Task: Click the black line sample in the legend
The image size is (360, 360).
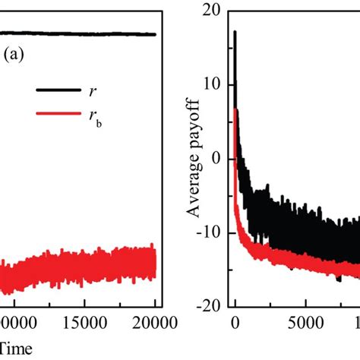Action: pyautogui.click(x=55, y=90)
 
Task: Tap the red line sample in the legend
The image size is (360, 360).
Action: pyautogui.click(x=55, y=115)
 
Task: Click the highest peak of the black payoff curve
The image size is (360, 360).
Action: pyautogui.click(x=235, y=32)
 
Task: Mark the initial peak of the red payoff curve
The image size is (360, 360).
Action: pyautogui.click(x=236, y=110)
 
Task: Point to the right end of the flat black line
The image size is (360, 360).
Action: pyautogui.click(x=155, y=34)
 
